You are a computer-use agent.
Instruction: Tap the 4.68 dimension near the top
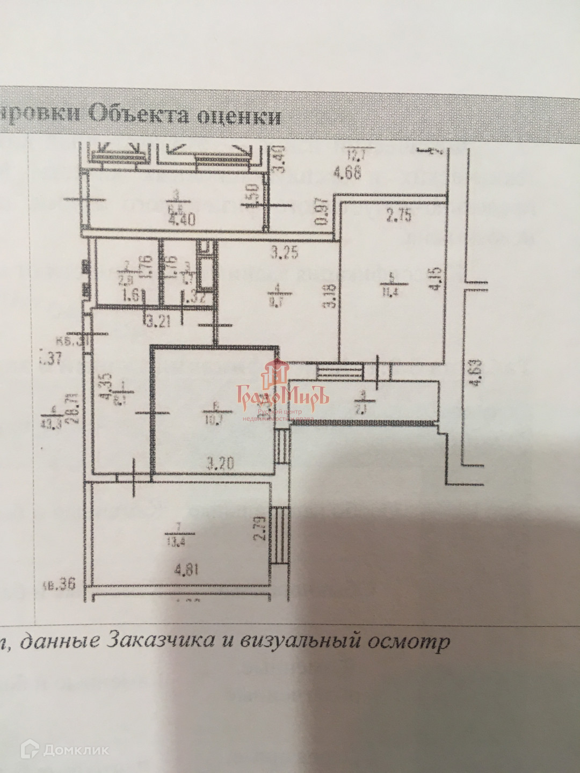[346, 173]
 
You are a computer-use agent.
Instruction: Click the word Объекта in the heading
[140, 114]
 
